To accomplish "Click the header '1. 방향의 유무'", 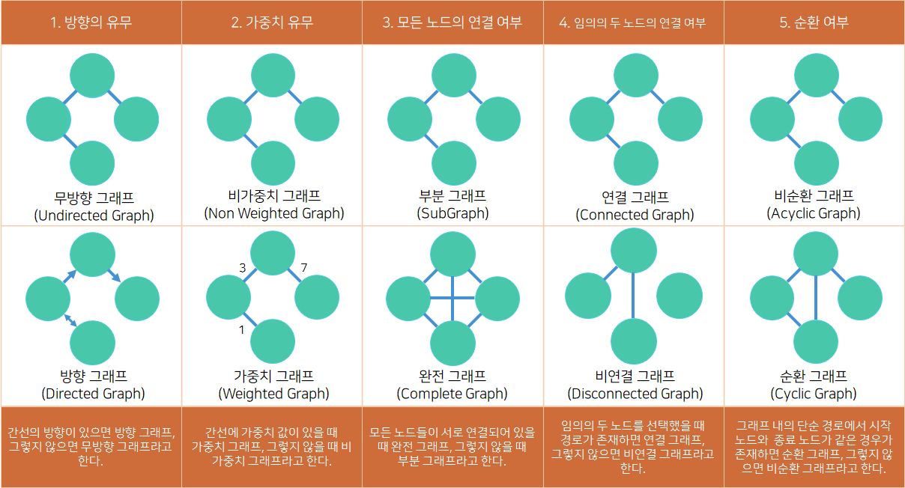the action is [91, 22].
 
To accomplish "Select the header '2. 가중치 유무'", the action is [272, 22].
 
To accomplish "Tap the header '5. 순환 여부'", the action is [814, 22].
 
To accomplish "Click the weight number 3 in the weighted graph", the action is [242, 267].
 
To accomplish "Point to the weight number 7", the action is [303, 267].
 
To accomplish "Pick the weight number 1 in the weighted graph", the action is [241, 329].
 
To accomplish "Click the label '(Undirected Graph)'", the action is [94, 216].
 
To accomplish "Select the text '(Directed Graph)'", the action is [93, 394].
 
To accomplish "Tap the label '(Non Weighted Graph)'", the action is [274, 213].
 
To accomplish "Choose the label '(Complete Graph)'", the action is [452, 394].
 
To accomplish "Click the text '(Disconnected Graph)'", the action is [635, 394].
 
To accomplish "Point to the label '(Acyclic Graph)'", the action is [814, 213].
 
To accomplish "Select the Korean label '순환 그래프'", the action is [814, 376].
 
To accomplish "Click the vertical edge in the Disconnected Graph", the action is [634, 296].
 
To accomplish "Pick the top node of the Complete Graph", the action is [452, 253].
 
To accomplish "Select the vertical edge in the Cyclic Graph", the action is [814, 298].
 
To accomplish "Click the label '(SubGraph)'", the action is [452, 213].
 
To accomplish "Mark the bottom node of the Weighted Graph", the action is [273, 341].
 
